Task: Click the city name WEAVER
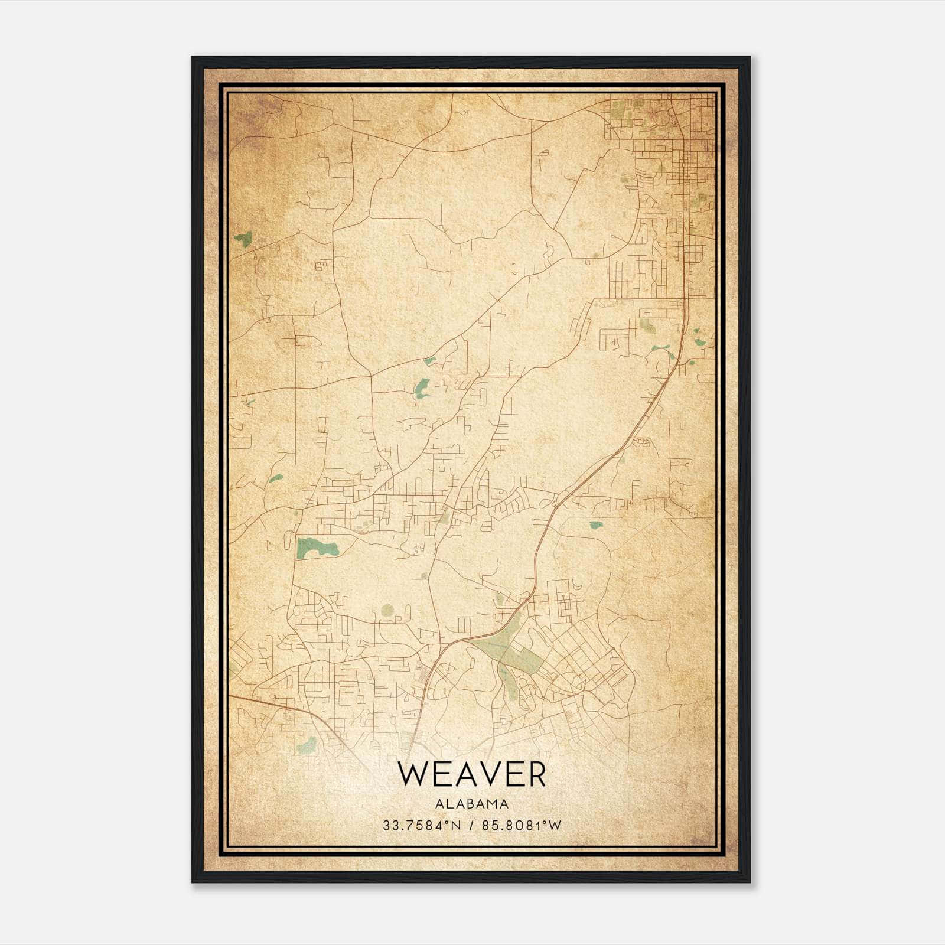point(471,774)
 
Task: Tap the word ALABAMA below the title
point(472,804)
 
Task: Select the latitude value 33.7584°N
point(420,826)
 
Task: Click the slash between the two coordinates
point(471,826)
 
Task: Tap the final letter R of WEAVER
point(536,774)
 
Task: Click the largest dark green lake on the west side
point(317,548)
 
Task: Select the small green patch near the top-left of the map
point(243,239)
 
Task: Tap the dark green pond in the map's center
point(422,387)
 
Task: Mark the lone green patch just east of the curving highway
point(595,524)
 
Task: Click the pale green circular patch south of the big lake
point(387,610)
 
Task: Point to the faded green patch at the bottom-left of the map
point(306,746)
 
